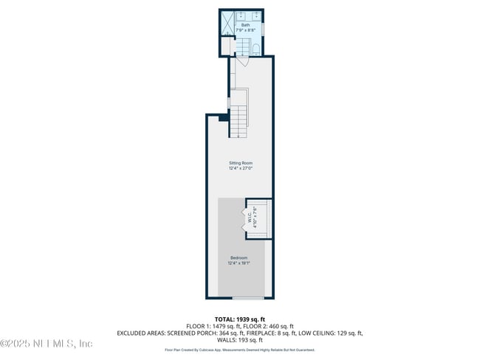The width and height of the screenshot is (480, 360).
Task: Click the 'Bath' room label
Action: [x=245, y=25]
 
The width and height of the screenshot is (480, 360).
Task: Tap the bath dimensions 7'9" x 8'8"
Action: [x=245, y=30]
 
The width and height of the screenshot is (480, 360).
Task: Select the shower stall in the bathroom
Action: [x=230, y=23]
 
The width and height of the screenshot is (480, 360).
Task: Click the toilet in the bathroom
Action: [x=255, y=49]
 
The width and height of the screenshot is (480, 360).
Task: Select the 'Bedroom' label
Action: [x=239, y=257]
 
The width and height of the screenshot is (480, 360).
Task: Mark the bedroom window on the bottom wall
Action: [x=247, y=297]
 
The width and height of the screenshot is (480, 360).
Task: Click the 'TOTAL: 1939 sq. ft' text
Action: [x=239, y=319]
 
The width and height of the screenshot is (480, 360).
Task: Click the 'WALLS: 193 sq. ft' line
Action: [x=239, y=340]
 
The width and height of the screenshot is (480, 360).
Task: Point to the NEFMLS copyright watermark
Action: [x=46, y=344]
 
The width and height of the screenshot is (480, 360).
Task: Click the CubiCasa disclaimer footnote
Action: [x=239, y=350]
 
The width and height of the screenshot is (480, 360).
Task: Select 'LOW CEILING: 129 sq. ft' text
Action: [x=330, y=333]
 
